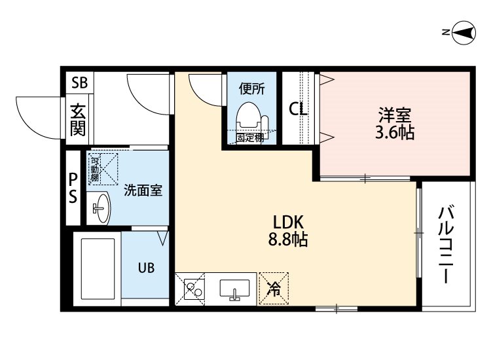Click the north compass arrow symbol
tap(464, 32)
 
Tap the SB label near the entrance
tap(79, 82)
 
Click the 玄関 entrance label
tap(78, 120)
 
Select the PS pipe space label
tap(73, 188)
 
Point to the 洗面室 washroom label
tap(143, 190)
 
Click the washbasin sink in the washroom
tap(101, 207)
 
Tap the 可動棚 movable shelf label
tap(94, 169)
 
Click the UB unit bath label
tap(146, 268)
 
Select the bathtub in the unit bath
tap(98, 268)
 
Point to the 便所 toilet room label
tap(252, 89)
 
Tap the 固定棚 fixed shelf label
tap(250, 137)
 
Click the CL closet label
tap(298, 109)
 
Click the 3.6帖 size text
tap(395, 132)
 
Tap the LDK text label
tap(288, 223)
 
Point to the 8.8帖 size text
tap(288, 240)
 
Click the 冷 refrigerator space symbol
tap(274, 289)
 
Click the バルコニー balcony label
tap(446, 245)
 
